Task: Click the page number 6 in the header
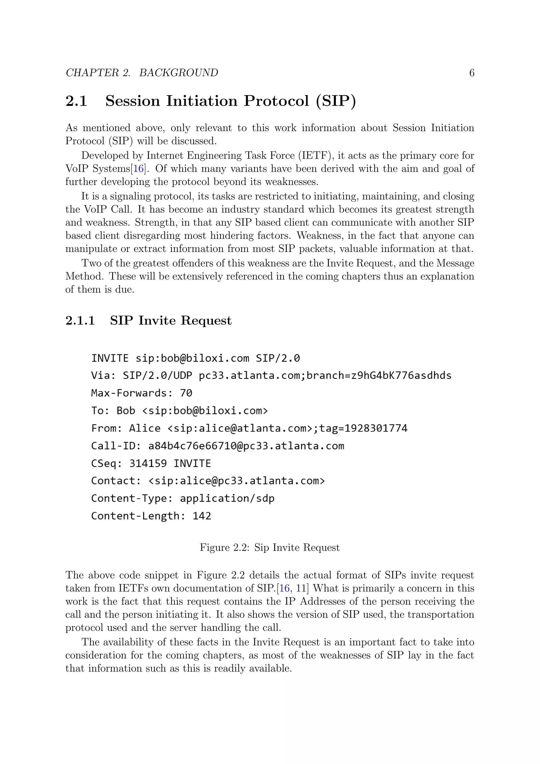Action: [471, 73]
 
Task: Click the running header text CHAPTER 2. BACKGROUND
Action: [142, 73]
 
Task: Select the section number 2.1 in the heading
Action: [76, 101]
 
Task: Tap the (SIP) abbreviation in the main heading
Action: [336, 101]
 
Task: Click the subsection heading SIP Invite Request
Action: [171, 321]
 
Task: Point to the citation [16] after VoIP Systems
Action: [138, 169]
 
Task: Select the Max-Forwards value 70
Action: [186, 393]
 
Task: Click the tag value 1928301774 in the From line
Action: [376, 428]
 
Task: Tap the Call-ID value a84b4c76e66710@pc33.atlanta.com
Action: [246, 446]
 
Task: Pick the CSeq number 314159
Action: [148, 464]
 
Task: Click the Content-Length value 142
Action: [202, 516]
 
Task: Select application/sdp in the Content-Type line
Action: [227, 498]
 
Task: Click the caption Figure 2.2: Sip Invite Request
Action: [270, 548]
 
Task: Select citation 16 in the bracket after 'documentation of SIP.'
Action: [285, 589]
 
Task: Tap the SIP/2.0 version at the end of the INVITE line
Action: [278, 358]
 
